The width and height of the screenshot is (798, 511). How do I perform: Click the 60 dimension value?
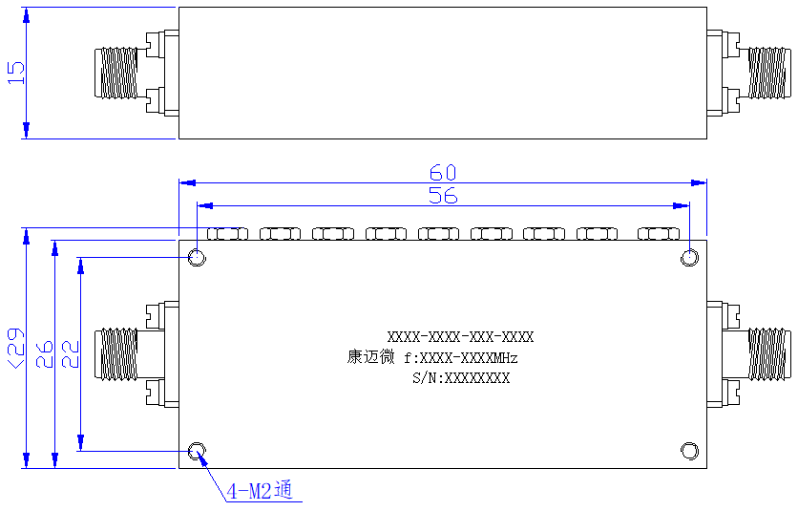(x=443, y=173)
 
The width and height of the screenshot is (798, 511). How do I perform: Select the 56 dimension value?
(x=443, y=196)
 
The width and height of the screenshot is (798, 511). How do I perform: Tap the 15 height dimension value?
(x=16, y=73)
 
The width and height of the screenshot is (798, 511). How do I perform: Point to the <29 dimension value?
(x=15, y=348)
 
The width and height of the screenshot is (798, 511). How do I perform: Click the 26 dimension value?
(x=44, y=354)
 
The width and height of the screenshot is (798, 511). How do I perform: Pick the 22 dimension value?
(x=71, y=354)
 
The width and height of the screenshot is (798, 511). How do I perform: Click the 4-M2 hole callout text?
(x=260, y=491)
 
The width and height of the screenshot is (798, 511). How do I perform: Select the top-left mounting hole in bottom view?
(x=197, y=257)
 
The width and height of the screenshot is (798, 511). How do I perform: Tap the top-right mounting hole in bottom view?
(x=689, y=257)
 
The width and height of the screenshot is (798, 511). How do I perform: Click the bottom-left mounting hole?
(x=197, y=451)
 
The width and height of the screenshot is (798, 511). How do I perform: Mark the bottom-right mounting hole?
(x=689, y=451)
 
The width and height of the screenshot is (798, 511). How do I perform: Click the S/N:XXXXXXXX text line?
(x=461, y=378)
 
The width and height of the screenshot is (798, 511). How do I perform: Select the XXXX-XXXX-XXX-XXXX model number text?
(x=461, y=337)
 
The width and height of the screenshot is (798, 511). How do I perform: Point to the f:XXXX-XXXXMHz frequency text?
(x=461, y=358)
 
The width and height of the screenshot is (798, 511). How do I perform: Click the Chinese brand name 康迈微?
(x=370, y=356)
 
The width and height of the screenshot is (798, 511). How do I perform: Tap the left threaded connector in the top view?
(x=116, y=73)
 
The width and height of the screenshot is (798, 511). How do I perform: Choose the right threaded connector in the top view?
(x=769, y=73)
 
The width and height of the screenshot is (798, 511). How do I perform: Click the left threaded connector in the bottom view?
(x=116, y=354)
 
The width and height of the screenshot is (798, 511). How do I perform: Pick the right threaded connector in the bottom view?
(x=769, y=354)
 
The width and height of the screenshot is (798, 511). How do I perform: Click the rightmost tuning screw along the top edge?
(x=659, y=234)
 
